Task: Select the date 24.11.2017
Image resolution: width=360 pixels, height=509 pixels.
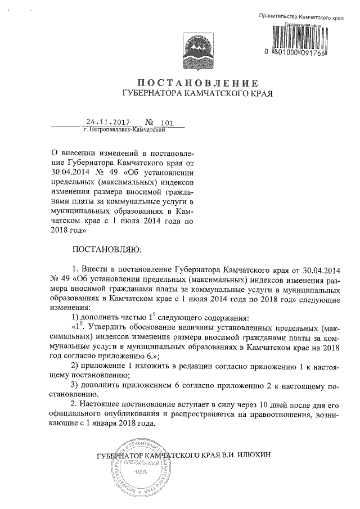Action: pos(109,121)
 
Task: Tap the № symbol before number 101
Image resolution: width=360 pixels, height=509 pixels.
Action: pos(149,122)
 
